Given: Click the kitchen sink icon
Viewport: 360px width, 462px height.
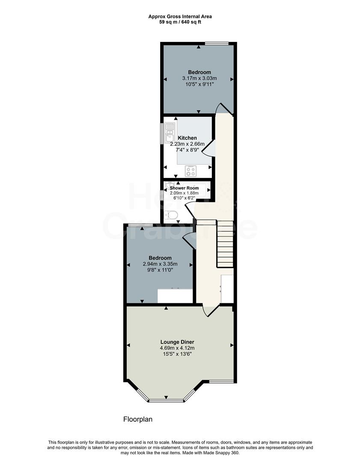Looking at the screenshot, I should (170, 131).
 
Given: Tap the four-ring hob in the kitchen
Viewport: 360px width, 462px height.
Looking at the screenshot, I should (190, 171).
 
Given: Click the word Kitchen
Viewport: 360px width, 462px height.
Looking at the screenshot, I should (187, 138).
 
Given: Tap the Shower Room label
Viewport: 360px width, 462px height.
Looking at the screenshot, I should (184, 188).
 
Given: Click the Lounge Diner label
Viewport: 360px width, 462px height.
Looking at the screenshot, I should (180, 342).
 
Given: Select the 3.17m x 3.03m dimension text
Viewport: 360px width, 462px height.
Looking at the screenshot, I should (199, 78).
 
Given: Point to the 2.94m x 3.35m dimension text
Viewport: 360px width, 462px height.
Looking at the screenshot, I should (160, 264).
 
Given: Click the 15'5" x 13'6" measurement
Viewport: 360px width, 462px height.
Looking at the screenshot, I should (180, 354).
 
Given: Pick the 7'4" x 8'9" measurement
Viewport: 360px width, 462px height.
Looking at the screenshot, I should (187, 150).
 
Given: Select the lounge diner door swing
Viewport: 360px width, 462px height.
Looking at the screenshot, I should (210, 311).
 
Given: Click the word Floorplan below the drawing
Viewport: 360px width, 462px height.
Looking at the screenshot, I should (138, 419).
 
